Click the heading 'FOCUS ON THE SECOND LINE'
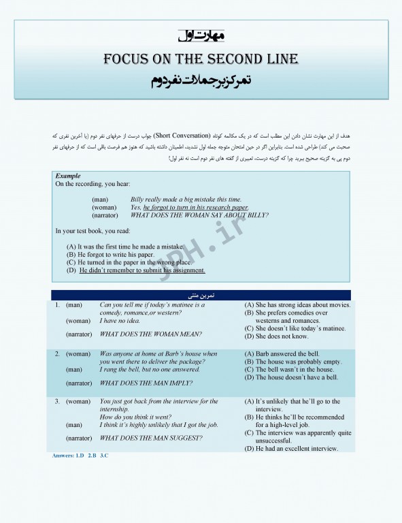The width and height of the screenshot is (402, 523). (201, 59)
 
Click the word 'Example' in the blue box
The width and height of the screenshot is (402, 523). (68, 176)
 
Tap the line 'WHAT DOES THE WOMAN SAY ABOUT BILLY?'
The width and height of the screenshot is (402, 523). (199, 215)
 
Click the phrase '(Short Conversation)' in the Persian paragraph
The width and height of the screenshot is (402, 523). (182, 136)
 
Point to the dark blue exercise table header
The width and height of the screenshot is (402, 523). (201, 296)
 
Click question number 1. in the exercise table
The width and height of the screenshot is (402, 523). (58, 305)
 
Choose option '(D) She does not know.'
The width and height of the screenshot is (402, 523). (277, 336)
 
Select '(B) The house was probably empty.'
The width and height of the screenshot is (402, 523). (293, 362)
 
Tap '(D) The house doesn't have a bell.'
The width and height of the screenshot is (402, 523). (291, 377)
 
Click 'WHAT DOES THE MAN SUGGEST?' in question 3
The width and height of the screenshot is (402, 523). (151, 438)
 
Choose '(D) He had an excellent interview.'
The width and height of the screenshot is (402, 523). (292, 448)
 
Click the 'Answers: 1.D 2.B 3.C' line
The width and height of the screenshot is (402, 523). (80, 455)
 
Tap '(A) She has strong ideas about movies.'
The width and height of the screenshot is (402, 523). (297, 305)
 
